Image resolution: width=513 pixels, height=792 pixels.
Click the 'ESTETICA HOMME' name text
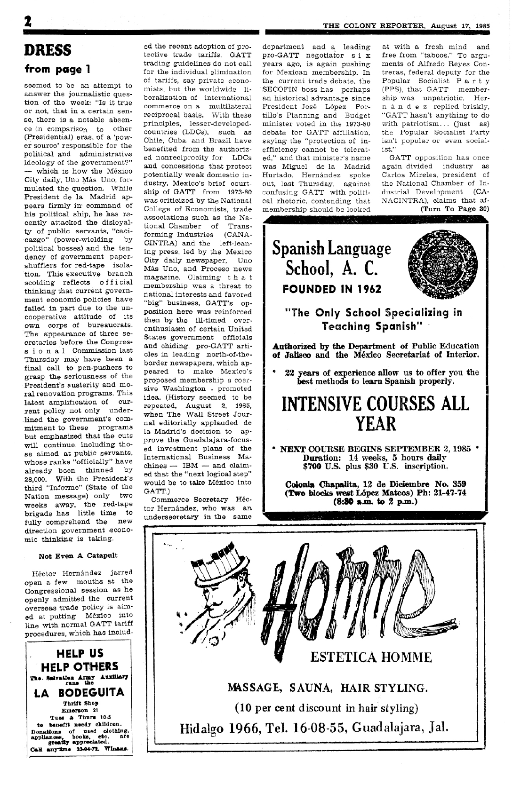pyautogui.click(x=371, y=657)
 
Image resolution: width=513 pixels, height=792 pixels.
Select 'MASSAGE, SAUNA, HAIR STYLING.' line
pyautogui.click(x=328, y=689)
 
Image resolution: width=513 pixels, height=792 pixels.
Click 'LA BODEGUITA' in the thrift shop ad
pyautogui.click(x=79, y=692)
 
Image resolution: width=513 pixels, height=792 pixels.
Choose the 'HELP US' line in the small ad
pyautogui.click(x=80, y=653)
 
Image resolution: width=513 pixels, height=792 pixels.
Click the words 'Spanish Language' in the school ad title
pyautogui.click(x=332, y=249)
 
